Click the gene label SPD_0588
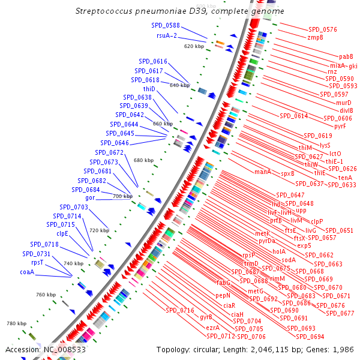pyautogui.click(x=165, y=25)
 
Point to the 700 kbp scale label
pyautogui.click(x=122, y=196)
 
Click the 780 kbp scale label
pyautogui.click(x=17, y=323)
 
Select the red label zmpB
pyautogui.click(x=316, y=37)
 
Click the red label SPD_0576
pyautogui.click(x=323, y=29)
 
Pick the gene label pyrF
pyautogui.click(x=340, y=126)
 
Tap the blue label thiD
pyautogui.click(x=149, y=89)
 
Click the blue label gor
pyautogui.click(x=91, y=197)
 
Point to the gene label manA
pyautogui.click(x=263, y=172)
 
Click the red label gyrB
pyautogui.click(x=206, y=317)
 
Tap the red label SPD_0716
pyautogui.click(x=180, y=310)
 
